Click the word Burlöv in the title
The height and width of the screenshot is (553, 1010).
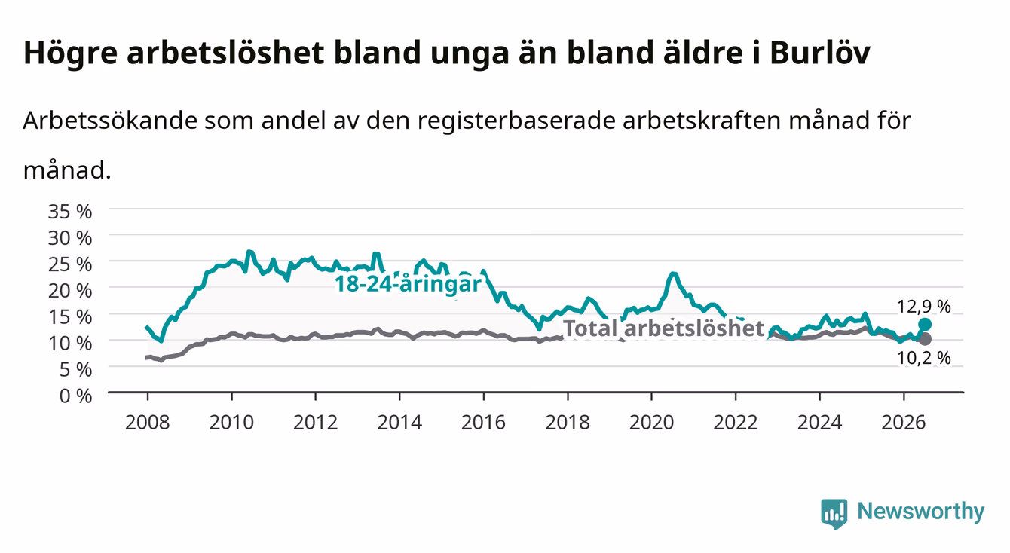819,53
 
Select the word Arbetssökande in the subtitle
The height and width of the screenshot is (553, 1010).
110,121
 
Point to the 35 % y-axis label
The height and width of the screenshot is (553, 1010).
70,212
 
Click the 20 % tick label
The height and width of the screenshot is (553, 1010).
70,291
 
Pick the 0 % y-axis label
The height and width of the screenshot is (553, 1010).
75,396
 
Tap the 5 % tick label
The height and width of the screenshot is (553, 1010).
75,370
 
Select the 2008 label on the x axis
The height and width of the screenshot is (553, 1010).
148,423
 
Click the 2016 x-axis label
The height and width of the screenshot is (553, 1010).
483,423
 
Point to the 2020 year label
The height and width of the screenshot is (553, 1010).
651,423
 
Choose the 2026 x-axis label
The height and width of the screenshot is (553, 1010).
904,423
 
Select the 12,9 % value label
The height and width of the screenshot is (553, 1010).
924,307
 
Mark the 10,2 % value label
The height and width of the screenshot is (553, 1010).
924,359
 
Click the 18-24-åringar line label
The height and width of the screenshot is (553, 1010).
408,284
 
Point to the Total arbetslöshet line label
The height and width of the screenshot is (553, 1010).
664,328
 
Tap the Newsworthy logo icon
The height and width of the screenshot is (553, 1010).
834,514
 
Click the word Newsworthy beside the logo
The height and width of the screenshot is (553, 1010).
921,512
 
